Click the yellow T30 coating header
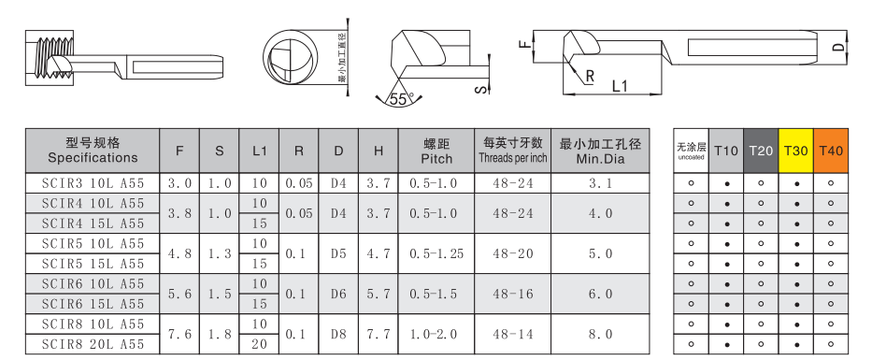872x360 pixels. point(795,151)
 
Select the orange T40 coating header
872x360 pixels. point(831,151)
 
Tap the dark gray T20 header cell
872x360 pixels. point(761,151)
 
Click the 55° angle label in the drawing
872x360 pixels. point(402,99)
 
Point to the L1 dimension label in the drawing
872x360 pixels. point(620,86)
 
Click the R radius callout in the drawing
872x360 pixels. point(590,77)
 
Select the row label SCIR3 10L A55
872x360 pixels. point(93,183)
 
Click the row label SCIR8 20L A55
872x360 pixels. point(93,344)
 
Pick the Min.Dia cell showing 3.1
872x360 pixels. point(601,183)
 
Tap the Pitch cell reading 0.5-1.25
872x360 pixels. point(436,253)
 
